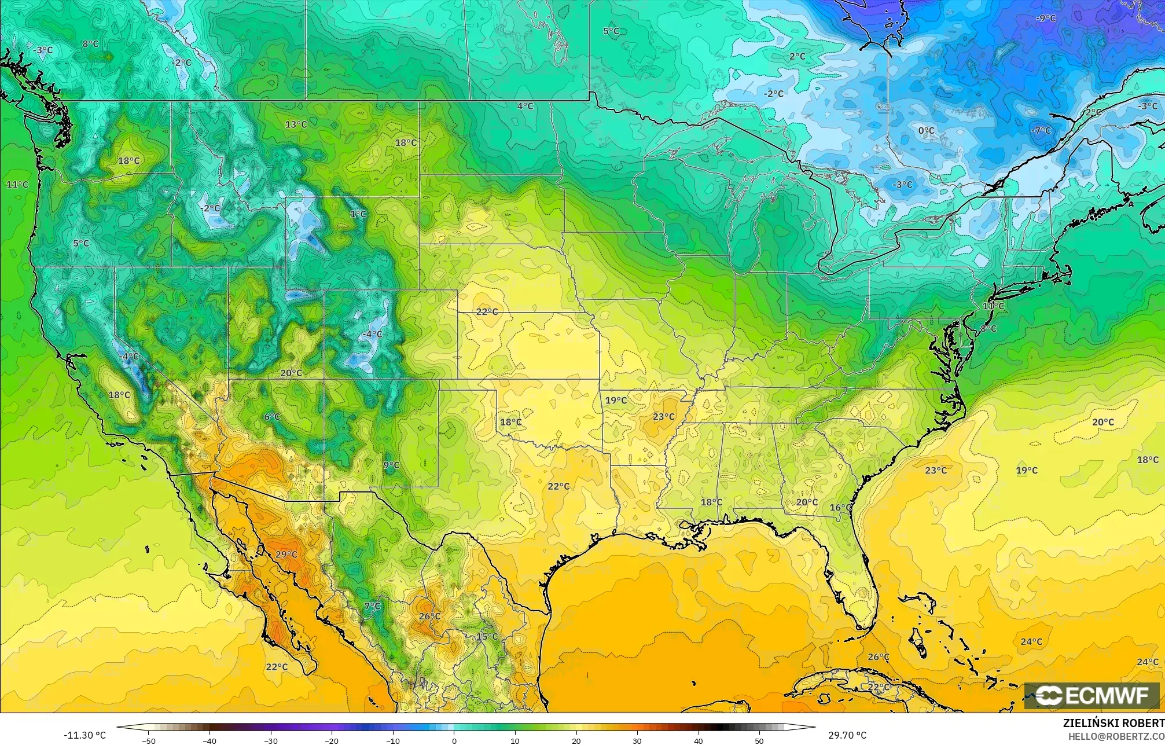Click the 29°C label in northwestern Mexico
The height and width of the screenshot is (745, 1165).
(x=286, y=555)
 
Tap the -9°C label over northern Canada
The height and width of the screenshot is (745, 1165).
(x=1046, y=19)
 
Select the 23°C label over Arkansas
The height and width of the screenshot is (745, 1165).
(x=664, y=417)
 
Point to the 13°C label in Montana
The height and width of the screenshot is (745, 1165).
(x=296, y=124)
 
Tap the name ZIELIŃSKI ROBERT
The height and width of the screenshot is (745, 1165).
(x=1113, y=723)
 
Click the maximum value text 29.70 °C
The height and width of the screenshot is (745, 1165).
(x=847, y=735)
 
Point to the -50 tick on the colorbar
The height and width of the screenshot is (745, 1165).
(x=149, y=741)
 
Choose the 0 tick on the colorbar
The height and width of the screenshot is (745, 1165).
(x=454, y=741)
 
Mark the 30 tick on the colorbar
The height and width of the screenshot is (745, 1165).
(x=637, y=741)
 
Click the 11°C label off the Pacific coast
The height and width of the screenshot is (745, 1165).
(x=17, y=185)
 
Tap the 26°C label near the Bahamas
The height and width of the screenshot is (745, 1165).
(x=878, y=657)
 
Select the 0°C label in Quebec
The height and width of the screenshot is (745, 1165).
(x=926, y=131)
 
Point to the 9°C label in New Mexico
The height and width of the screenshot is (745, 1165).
(x=391, y=465)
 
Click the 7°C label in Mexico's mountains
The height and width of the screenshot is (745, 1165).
(x=373, y=606)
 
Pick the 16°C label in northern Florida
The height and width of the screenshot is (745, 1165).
(x=840, y=508)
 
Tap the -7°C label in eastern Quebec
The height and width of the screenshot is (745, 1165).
(x=1041, y=131)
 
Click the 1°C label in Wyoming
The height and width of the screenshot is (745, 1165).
(x=358, y=214)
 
